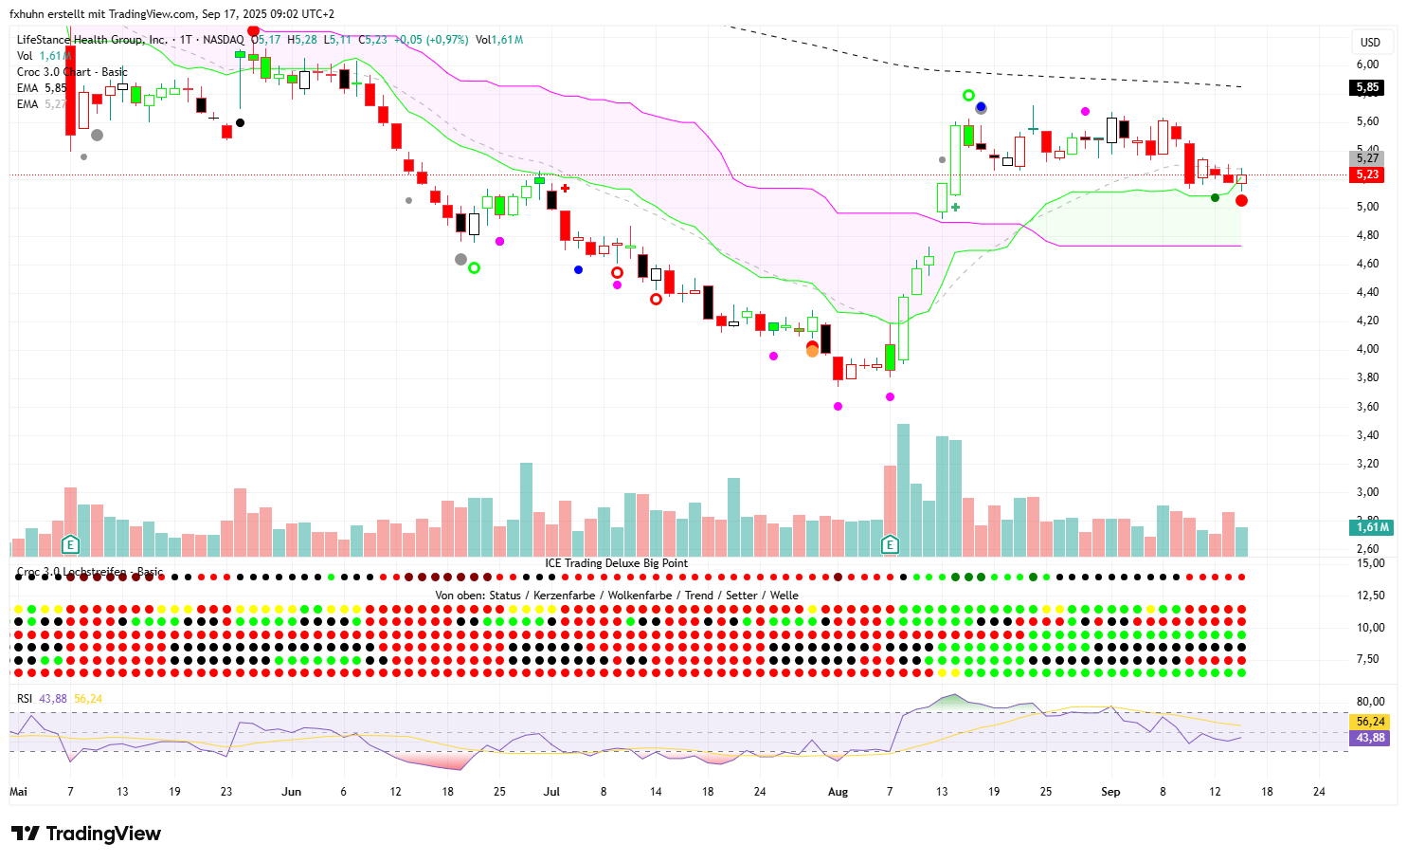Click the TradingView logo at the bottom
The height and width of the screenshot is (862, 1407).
[x=86, y=834]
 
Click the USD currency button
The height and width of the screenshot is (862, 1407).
[x=1370, y=42]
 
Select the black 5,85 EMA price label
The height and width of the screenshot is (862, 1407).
[x=1367, y=87]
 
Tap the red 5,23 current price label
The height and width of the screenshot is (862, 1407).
[x=1367, y=174]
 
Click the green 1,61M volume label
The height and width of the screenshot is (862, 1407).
[x=1372, y=527]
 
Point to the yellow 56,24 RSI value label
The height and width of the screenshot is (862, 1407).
[x=1370, y=722]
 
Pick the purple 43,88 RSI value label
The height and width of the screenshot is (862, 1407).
[x=1370, y=738]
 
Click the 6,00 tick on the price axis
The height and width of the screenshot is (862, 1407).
[x=1367, y=64]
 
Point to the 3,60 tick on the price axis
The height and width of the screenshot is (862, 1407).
[x=1367, y=407]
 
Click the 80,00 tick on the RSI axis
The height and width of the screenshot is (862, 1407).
[x=1370, y=702]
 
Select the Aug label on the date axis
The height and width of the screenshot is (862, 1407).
[x=838, y=792]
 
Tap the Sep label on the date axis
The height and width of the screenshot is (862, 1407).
[x=1110, y=792]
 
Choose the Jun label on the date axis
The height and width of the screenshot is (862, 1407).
[x=291, y=792]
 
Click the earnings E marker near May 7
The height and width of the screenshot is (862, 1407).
[x=70, y=544]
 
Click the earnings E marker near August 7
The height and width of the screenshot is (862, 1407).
[x=890, y=544]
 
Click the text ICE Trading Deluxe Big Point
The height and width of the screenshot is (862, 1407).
[x=616, y=563]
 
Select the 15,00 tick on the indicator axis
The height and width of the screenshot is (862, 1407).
[x=1370, y=563]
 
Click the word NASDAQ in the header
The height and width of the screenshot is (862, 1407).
[x=223, y=40]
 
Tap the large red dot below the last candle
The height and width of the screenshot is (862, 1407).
[x=1241, y=201]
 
